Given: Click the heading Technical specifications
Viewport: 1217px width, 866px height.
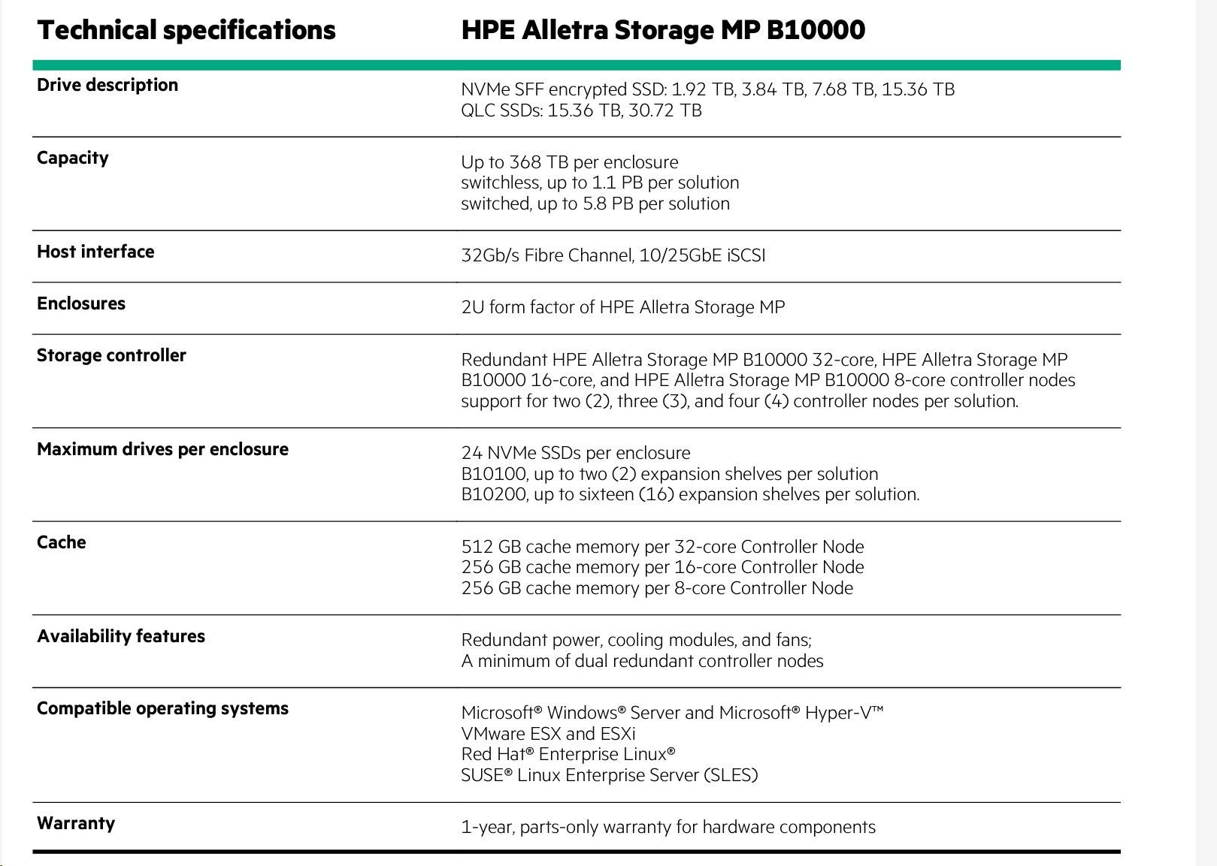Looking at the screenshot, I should (x=186, y=30).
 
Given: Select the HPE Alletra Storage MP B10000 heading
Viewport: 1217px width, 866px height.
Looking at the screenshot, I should (x=662, y=30).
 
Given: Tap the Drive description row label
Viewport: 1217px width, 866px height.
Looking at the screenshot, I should (x=107, y=85).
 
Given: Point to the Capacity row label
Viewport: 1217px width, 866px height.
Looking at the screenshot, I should (x=73, y=158).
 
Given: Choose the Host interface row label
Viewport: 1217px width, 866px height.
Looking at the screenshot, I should (x=95, y=252).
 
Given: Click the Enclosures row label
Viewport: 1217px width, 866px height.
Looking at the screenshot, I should (x=81, y=303).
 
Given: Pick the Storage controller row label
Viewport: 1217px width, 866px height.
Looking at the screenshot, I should (x=111, y=355).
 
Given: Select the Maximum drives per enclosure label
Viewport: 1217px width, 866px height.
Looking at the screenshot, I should (x=162, y=449).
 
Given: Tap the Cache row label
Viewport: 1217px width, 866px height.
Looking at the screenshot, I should (x=62, y=542).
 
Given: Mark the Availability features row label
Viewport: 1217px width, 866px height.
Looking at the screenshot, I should (x=121, y=636).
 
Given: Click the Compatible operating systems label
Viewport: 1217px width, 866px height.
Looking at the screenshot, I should (x=162, y=708).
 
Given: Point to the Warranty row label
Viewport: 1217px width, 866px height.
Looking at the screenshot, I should (x=76, y=823).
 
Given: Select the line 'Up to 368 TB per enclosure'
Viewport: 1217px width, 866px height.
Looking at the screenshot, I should (x=569, y=162).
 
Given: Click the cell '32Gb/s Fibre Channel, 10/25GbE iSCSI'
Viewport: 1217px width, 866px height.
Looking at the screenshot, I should (x=613, y=255).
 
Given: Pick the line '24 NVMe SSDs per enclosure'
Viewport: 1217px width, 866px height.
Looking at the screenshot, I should (x=575, y=453).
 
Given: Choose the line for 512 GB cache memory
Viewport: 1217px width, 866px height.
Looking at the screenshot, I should (x=662, y=547).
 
